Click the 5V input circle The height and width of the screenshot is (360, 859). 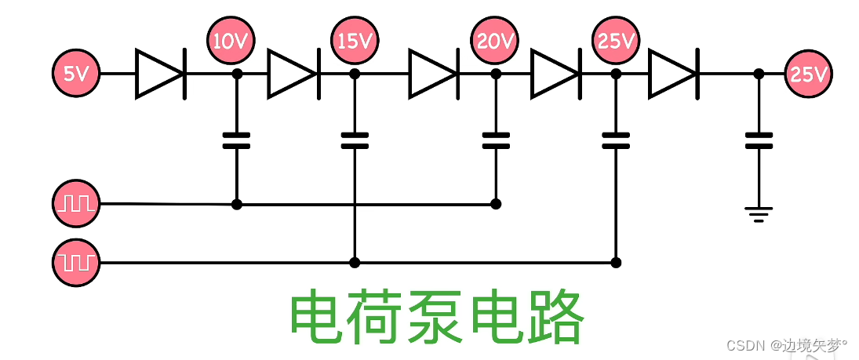tap(76, 74)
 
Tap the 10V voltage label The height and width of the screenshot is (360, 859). tap(231, 41)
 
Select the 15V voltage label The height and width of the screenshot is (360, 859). tap(355, 41)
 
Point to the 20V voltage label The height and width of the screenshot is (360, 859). tap(495, 41)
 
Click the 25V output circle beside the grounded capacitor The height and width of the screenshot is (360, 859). tap(808, 75)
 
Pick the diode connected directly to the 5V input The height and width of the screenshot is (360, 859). tap(160, 74)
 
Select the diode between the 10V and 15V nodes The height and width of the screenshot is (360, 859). tap(292, 74)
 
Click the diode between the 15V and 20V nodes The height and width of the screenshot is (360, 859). tap(433, 74)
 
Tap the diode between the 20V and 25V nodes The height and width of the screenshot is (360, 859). tap(555, 74)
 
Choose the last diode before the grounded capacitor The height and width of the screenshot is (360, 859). tap(672, 74)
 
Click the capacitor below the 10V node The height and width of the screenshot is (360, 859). tap(236, 140)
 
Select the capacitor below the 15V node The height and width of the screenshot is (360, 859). tap(355, 140)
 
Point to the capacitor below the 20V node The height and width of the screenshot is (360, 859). tap(496, 140)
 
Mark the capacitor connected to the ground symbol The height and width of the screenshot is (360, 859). tap(759, 140)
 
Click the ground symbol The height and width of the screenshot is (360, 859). tap(759, 213)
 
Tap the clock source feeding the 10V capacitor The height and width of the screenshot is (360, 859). tap(76, 204)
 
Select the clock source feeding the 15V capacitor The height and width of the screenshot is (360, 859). tap(76, 261)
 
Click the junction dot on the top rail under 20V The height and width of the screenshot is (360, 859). tap(496, 74)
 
